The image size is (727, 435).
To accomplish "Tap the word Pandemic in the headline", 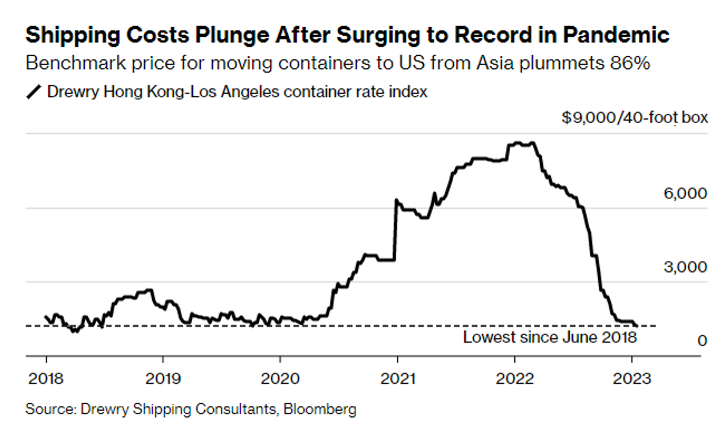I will click(x=616, y=36).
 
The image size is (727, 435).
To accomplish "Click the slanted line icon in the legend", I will click(x=33, y=92).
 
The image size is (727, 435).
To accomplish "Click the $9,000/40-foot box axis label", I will click(x=634, y=117).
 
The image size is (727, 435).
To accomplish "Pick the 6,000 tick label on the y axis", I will click(x=685, y=193).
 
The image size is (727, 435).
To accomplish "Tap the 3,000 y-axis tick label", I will click(x=685, y=267).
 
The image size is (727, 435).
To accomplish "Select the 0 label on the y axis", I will click(x=702, y=341).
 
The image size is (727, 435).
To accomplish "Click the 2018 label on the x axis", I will click(x=46, y=379).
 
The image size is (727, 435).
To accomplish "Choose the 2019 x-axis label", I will click(x=163, y=379).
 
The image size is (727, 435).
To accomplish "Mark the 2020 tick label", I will click(x=280, y=379).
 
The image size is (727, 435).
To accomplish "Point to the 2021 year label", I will click(x=398, y=379).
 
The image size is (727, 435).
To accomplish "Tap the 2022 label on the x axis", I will click(x=515, y=379).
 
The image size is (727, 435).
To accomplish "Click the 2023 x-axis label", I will click(x=632, y=379).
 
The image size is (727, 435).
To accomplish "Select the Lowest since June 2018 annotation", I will click(x=550, y=337).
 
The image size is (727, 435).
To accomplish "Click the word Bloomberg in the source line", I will click(x=320, y=409).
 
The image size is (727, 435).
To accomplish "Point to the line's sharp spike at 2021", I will click(x=396, y=200).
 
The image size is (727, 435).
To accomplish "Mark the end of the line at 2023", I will click(x=636, y=325).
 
